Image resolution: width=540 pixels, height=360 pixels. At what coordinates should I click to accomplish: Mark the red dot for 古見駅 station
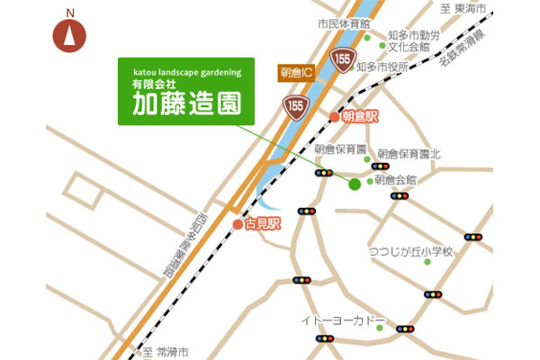[x=238, y=224]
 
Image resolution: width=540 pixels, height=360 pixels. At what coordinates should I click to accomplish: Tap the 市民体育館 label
[x=344, y=23]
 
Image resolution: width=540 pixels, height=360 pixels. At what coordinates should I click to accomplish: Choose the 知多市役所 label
[x=382, y=67]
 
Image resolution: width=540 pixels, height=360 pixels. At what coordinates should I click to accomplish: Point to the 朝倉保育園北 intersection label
[x=409, y=154]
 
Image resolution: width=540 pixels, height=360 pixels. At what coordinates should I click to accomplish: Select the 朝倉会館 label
[x=396, y=181]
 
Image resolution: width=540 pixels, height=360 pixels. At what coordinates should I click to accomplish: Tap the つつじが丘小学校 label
[x=410, y=252]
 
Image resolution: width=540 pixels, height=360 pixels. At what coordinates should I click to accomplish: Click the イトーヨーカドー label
[x=345, y=320]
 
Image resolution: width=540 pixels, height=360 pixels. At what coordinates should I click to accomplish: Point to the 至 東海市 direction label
[x=463, y=9]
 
